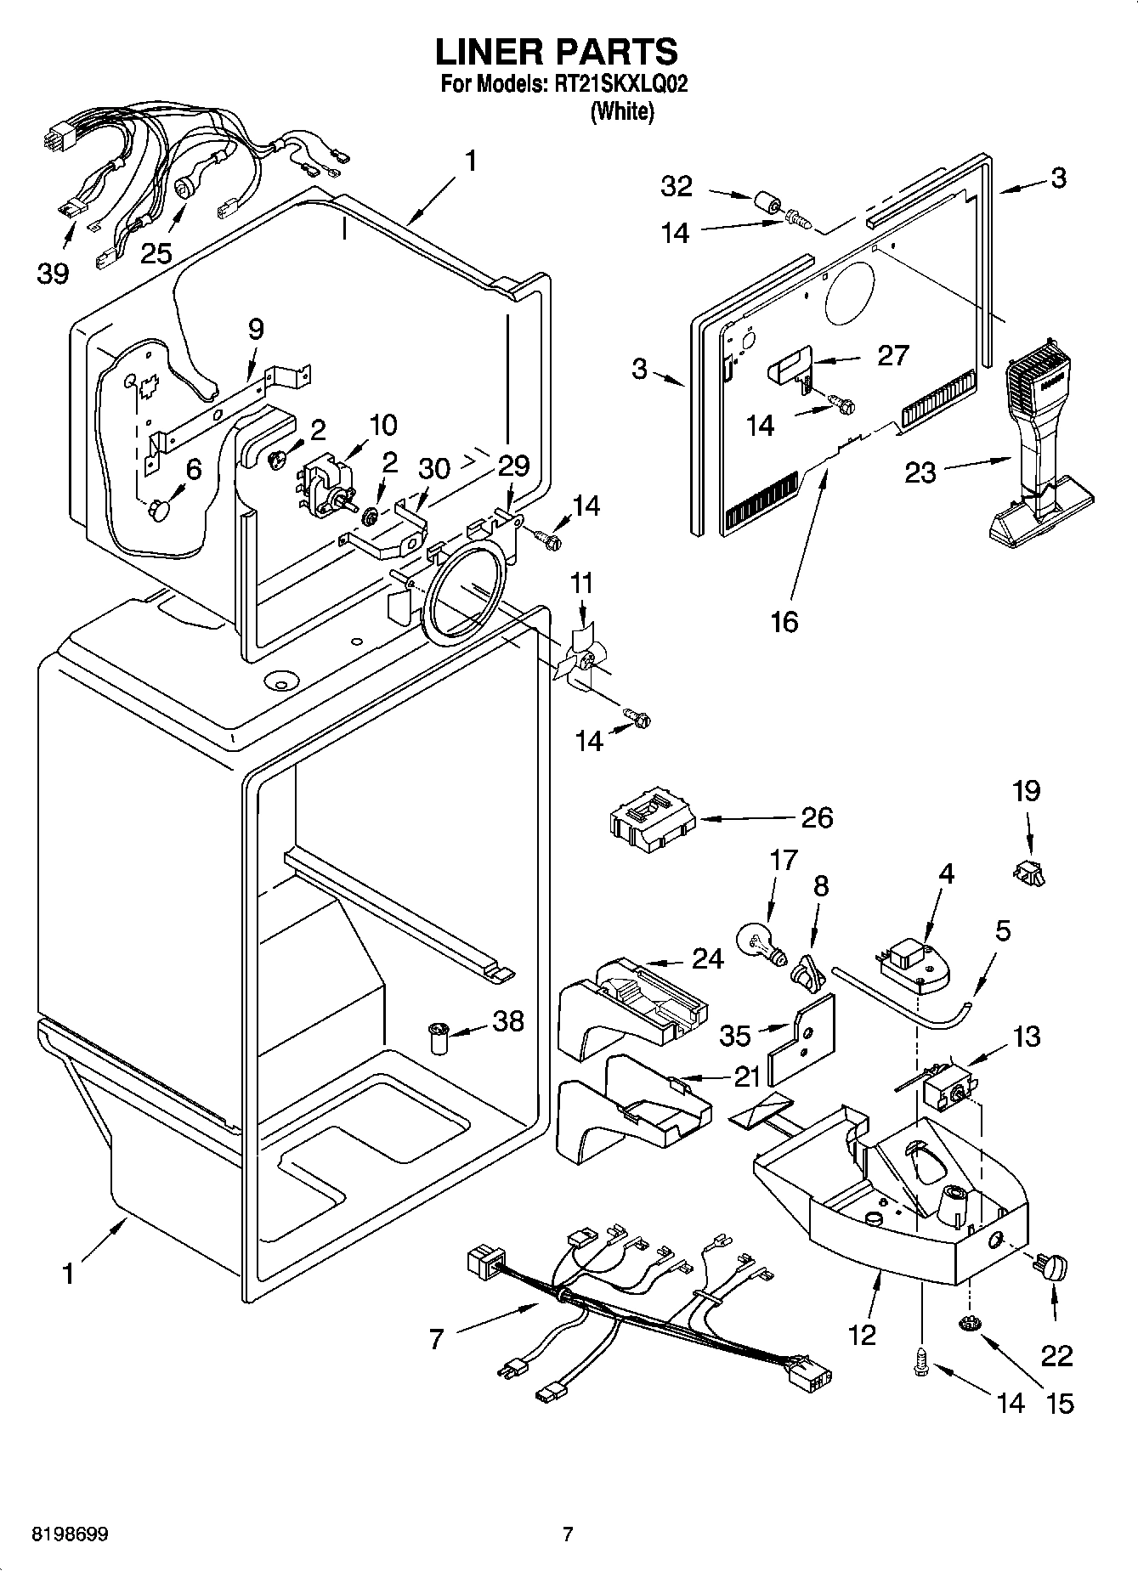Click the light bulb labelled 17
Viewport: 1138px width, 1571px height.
(758, 944)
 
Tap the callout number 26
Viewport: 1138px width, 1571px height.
(817, 817)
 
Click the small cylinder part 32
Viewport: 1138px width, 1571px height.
(767, 204)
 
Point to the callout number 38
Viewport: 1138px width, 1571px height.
(508, 1020)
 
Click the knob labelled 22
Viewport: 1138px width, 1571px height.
(1051, 1269)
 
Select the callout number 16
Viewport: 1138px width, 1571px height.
(784, 621)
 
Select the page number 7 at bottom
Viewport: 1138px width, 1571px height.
(568, 1534)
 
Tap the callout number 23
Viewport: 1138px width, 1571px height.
(920, 472)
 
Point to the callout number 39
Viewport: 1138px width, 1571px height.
(53, 274)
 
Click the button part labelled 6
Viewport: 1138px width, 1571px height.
(159, 510)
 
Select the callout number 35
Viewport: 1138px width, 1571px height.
(734, 1035)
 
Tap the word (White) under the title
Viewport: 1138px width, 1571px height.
(622, 112)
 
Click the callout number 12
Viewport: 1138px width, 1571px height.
(862, 1335)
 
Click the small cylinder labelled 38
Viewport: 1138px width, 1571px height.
(439, 1038)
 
